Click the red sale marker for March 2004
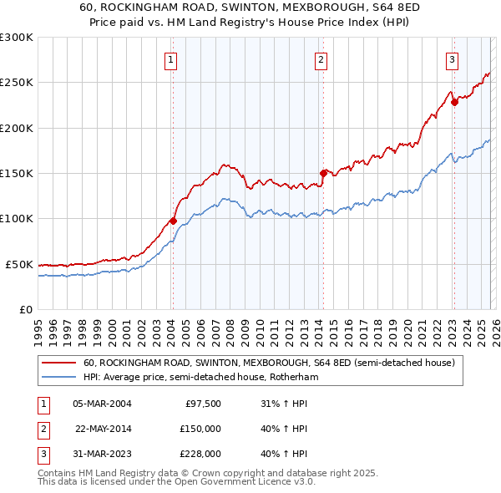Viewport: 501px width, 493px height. coord(173,221)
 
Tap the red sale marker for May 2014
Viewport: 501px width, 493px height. coord(323,174)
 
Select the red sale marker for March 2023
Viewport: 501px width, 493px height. coord(454,103)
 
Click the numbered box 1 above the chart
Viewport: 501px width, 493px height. coord(170,59)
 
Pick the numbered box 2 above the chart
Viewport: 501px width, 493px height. coord(321,59)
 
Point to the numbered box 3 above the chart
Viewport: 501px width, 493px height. coord(452,59)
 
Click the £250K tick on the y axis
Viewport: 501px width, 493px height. coord(17,83)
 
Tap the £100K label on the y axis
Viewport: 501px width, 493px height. coord(17,219)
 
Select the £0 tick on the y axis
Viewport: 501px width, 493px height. coord(25,309)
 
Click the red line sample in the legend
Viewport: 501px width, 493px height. coord(58,363)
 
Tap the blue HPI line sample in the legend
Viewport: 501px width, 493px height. coord(58,378)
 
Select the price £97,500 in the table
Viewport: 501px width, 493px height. coord(203,404)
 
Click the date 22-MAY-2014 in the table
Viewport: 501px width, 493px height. coord(104,429)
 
